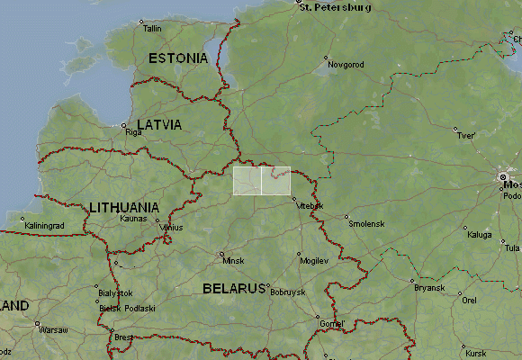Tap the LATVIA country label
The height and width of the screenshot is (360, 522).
click(158, 124)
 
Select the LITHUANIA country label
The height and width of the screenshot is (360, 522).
click(124, 207)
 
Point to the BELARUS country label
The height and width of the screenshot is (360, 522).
click(233, 289)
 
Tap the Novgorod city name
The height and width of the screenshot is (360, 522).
click(346, 65)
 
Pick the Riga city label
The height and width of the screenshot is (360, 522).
click(134, 132)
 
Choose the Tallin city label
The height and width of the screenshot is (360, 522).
click(152, 29)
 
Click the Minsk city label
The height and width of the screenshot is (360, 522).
click(233, 261)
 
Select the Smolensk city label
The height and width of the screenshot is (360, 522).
click(366, 223)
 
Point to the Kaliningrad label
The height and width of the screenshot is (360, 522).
click(45, 224)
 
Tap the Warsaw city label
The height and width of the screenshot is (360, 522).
click(53, 330)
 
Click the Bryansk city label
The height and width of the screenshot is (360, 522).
click(428, 288)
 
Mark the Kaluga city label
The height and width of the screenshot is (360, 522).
click(480, 235)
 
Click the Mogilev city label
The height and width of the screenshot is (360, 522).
click(314, 260)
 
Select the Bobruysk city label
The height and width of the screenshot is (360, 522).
click(288, 292)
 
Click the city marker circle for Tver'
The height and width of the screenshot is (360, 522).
click(455, 129)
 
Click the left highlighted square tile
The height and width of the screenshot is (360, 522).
click(247, 180)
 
